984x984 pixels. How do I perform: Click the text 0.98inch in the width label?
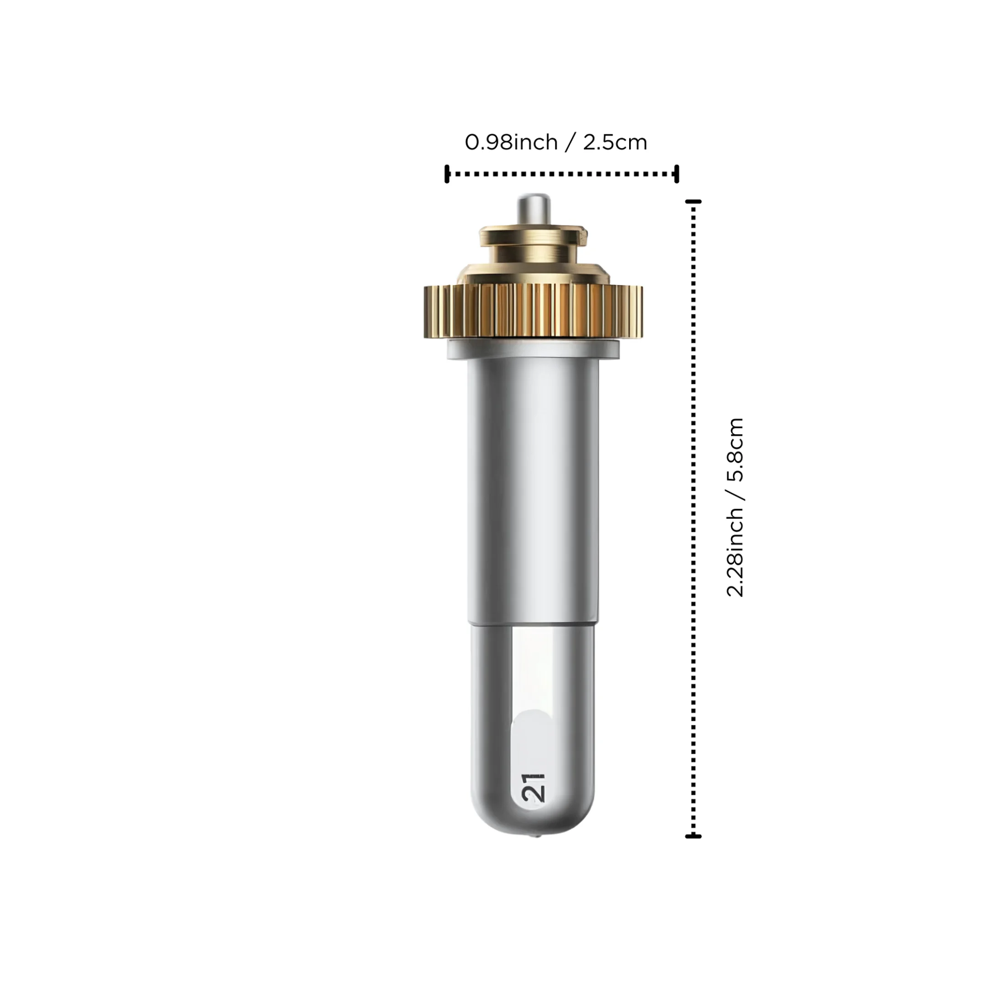tap(511, 142)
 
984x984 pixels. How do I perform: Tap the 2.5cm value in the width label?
tap(615, 142)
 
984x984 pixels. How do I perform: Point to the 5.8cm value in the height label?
tap(735, 450)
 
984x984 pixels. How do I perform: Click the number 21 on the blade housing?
tap(533, 788)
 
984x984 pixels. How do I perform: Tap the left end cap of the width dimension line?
tap(446, 174)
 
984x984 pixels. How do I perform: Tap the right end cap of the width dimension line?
tap(676, 174)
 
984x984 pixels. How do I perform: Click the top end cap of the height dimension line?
tap(693, 202)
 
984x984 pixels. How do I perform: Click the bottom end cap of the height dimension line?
tap(693, 836)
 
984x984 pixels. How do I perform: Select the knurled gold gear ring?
tap(533, 311)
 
